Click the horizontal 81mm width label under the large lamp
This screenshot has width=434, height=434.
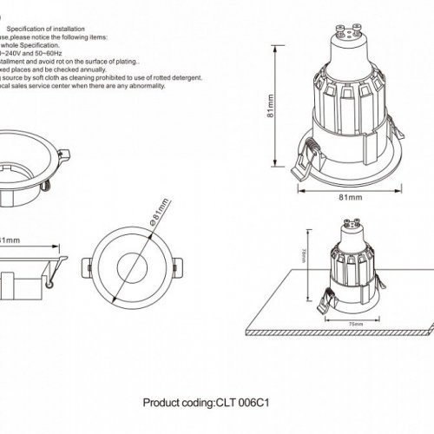coord(349,198)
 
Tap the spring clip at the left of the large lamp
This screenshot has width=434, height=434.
coord(305,157)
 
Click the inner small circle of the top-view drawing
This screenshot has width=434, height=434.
coord(138,265)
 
